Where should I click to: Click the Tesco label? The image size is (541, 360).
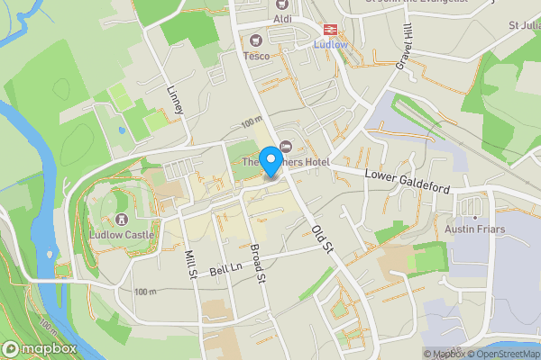256,56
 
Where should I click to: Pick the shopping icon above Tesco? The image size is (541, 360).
256,40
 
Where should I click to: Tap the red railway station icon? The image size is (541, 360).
329,28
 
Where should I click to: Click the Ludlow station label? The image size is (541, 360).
329,43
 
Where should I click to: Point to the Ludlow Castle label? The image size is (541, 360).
122,235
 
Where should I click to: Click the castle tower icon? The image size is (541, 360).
122,220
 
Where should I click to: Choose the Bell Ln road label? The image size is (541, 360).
227,267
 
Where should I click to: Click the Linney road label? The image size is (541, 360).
176,99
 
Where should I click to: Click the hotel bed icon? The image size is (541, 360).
287,147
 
